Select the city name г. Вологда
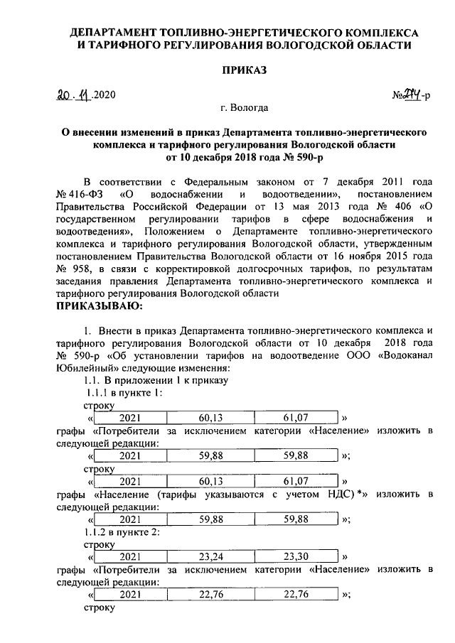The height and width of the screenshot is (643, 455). (244, 109)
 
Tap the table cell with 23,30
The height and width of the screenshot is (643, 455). (295, 556)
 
